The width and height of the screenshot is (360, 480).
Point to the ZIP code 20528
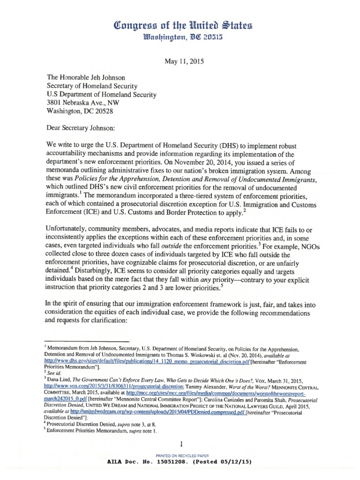click(x=102, y=112)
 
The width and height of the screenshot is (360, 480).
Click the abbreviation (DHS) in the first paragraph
click(x=226, y=146)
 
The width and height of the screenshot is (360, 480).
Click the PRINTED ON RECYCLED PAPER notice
click(x=180, y=455)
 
